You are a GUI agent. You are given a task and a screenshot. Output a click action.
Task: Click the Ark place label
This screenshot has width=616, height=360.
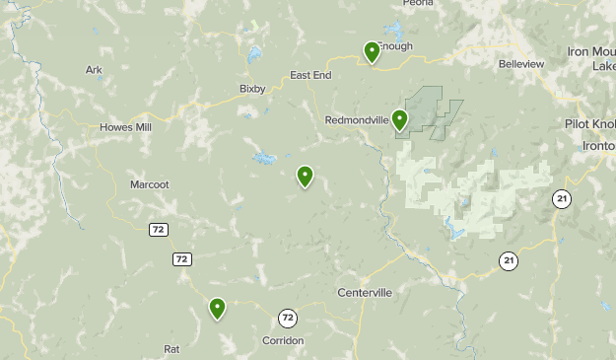point(94,69)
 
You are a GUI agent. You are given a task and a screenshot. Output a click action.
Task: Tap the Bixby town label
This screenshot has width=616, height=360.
point(252,89)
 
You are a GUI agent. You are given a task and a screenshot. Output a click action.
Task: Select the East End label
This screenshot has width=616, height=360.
point(310,75)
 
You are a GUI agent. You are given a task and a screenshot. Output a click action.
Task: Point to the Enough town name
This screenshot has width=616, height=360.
point(395,45)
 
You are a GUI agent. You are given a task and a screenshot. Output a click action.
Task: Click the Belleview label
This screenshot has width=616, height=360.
point(521,64)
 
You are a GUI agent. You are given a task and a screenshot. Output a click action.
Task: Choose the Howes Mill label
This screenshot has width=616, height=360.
point(125,127)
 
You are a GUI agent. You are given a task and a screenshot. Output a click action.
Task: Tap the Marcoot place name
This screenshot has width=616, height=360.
point(150,184)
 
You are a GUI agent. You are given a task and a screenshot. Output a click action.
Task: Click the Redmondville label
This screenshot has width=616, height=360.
point(357,120)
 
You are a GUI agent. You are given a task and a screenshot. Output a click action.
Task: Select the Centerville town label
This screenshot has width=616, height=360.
point(365,293)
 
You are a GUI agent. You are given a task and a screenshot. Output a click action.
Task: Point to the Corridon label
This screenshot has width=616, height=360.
point(283,340)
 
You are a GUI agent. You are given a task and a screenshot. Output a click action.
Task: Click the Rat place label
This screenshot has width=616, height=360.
point(171,349)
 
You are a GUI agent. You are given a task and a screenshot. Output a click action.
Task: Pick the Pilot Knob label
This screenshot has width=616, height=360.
point(589,123)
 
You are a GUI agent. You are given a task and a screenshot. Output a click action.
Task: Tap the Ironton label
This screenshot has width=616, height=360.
point(598,146)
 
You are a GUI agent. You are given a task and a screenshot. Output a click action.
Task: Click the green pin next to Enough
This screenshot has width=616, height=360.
point(372,51)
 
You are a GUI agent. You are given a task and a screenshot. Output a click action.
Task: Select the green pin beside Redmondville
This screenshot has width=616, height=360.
point(400,119)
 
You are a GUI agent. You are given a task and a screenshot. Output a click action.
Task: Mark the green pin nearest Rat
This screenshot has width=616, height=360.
point(217,308)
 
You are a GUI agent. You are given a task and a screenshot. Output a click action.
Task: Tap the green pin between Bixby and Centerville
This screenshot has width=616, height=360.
point(306,176)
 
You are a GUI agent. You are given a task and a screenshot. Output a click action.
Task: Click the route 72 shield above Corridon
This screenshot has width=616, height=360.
point(287,318)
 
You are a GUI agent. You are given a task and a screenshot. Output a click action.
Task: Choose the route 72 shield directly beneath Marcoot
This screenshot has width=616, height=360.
point(159,229)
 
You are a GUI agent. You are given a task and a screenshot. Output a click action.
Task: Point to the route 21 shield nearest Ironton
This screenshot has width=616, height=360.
point(562,199)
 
